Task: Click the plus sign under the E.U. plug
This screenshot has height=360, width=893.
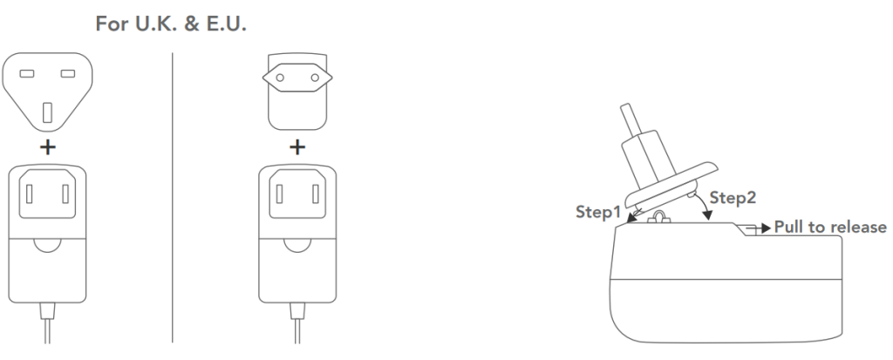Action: click(297, 146)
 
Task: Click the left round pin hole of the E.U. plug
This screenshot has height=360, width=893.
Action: click(280, 78)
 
